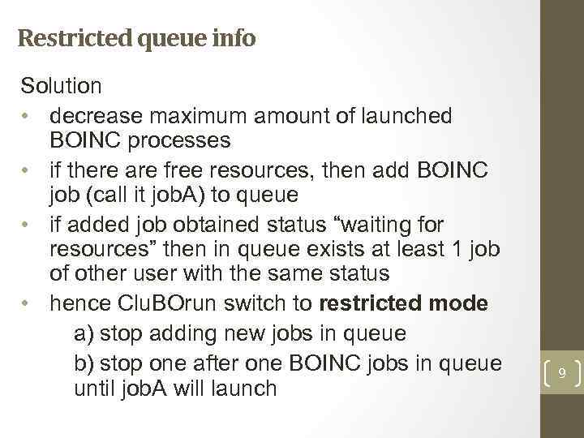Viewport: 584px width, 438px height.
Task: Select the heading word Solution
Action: pyautogui.click(x=62, y=84)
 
